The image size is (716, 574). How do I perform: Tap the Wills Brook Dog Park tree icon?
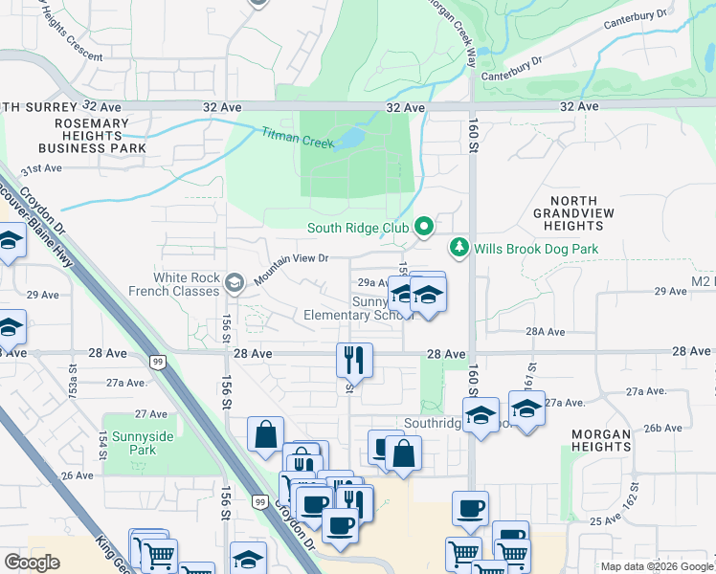[460, 249]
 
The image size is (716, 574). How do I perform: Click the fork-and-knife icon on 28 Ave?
[353, 359]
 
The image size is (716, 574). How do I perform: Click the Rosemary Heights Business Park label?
[92, 136]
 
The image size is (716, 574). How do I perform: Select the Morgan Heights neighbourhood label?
[601, 441]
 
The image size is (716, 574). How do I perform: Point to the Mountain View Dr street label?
[291, 258]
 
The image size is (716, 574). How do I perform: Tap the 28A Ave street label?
[547, 332]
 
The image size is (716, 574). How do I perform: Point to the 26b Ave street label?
[660, 428]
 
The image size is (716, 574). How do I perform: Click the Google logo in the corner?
[33, 562]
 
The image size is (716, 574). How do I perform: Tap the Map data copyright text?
[656, 566]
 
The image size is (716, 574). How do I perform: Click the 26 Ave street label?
[77, 475]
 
